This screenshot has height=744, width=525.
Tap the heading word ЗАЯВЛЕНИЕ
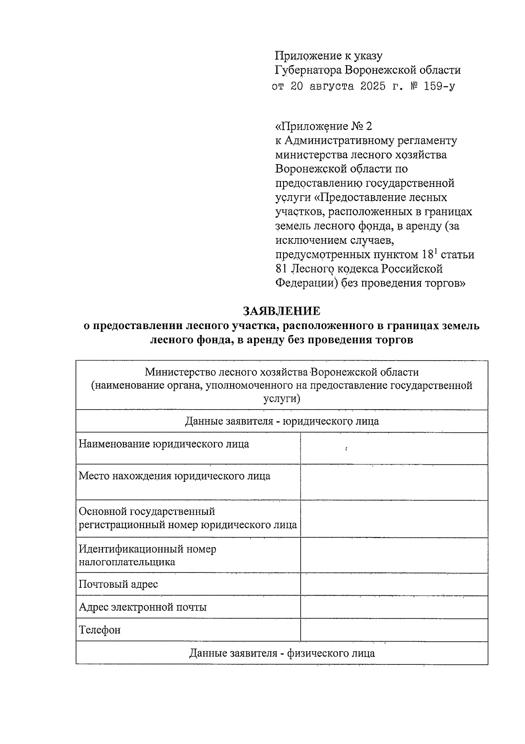coord(282,311)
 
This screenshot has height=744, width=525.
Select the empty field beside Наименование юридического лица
coord(394,448)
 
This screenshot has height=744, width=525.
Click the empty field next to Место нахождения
coord(394,482)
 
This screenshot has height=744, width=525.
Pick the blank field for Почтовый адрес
coord(394,584)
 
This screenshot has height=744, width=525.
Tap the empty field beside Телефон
coord(394,630)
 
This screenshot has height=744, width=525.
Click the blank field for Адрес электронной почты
coord(394,607)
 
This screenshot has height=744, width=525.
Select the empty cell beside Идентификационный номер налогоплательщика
coord(394,555)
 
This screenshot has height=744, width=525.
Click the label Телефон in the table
coord(100,630)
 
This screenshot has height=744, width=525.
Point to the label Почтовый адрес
coord(119,584)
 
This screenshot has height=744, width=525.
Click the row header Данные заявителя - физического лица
coord(282,653)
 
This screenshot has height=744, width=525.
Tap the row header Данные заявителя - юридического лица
coord(282,421)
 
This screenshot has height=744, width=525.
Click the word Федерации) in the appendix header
coord(306,283)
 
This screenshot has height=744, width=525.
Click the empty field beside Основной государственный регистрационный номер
coord(394,519)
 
